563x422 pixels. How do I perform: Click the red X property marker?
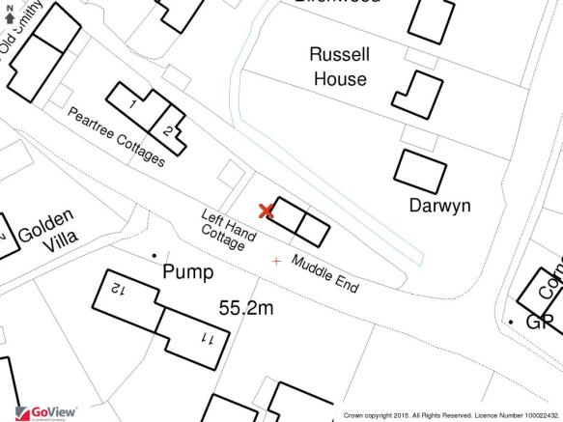pos(266,211)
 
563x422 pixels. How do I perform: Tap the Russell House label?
pos(337,67)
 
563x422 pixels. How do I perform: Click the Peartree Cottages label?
pos(115,136)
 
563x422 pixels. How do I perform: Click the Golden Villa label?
pos(45,235)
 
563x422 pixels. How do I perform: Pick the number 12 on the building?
pos(118,289)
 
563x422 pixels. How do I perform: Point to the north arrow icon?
pos(10,14)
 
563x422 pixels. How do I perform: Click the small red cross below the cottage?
pos(278,261)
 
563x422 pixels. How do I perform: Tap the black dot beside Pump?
pos(154,255)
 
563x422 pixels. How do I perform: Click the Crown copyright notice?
pos(450,415)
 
